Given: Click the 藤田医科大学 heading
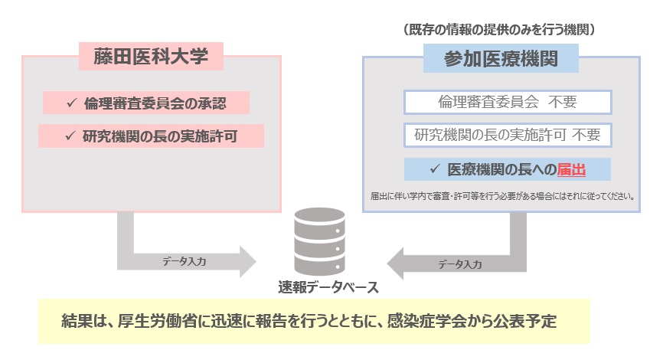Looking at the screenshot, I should pos(150,57).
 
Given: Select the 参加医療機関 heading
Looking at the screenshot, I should pos(500,58).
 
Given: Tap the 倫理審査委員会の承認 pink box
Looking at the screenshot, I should pos(146,103).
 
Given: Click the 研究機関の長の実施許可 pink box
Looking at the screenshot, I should pos(152,136).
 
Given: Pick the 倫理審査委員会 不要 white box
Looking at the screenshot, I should pos(507,102).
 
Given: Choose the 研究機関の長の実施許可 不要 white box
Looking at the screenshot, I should pos(507,135).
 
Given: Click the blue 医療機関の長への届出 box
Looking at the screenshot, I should pos(507,169).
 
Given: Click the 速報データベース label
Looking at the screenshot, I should pos(328,287).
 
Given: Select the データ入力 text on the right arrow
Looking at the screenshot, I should pos(459,264).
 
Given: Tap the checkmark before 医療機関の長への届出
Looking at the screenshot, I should pos(435,169).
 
